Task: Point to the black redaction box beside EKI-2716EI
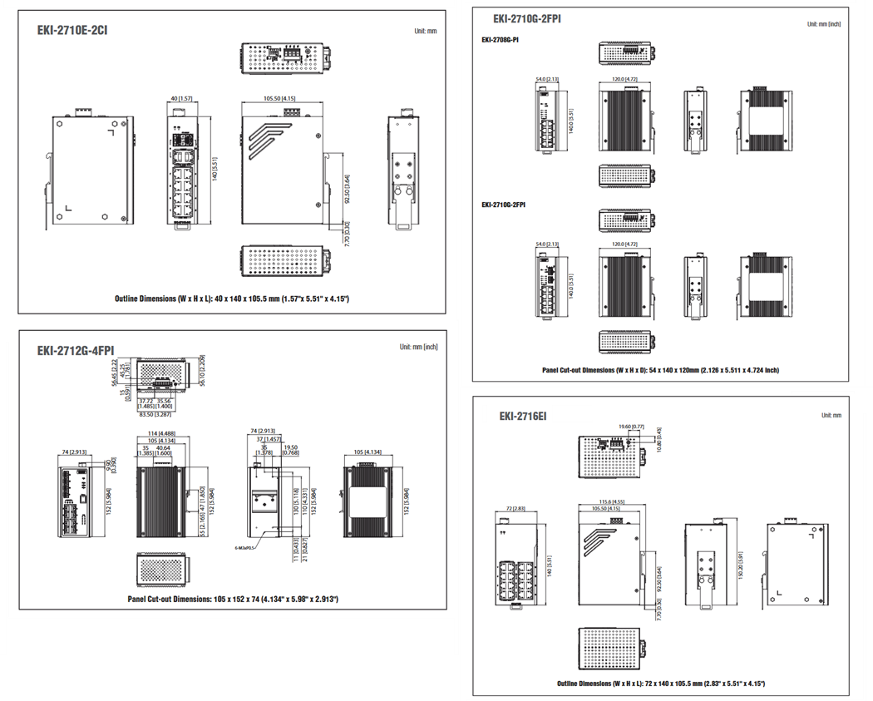point(572,413)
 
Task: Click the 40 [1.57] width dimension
point(180,99)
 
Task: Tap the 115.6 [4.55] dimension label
point(610,501)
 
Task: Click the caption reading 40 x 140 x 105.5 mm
point(232,298)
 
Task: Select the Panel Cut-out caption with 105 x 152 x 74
point(232,599)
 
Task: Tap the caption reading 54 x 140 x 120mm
point(660,370)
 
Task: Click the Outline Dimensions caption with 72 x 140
point(660,683)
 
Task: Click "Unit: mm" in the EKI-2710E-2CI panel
point(425,31)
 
